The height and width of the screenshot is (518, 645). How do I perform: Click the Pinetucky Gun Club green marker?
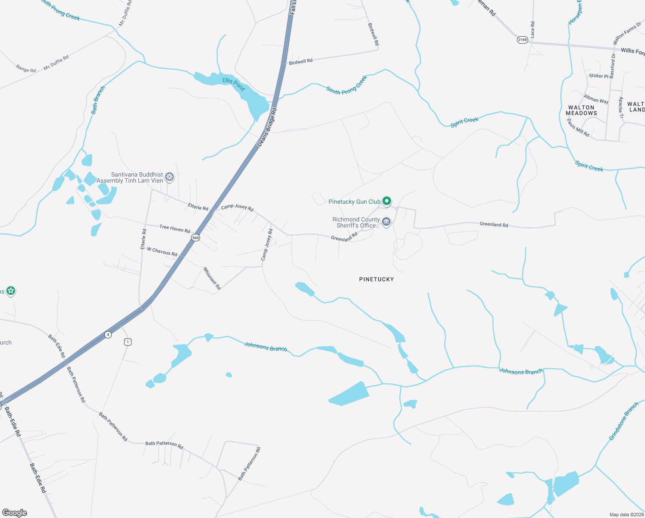pyautogui.click(x=387, y=201)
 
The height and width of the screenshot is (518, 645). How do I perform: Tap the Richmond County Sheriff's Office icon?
pyautogui.click(x=386, y=222)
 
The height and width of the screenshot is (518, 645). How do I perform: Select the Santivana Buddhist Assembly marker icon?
pyautogui.click(x=170, y=177)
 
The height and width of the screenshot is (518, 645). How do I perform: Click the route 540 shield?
pyautogui.click(x=196, y=238)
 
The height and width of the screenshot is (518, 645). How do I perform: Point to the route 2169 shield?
pyautogui.click(x=522, y=40)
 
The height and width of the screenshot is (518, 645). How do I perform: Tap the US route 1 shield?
pyautogui.click(x=128, y=342)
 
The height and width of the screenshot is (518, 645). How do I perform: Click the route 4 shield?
pyautogui.click(x=108, y=335)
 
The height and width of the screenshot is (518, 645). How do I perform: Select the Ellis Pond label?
pyautogui.click(x=234, y=84)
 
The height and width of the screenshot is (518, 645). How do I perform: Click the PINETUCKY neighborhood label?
pyautogui.click(x=376, y=279)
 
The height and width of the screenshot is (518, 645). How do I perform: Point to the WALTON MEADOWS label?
pyautogui.click(x=581, y=111)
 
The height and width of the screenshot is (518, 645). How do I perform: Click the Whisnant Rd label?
pyautogui.click(x=212, y=278)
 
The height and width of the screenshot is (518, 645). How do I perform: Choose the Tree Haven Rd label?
pyautogui.click(x=175, y=229)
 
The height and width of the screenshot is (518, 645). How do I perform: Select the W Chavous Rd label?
pyautogui.click(x=162, y=252)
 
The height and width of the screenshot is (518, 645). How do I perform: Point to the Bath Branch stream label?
pyautogui.click(x=98, y=100)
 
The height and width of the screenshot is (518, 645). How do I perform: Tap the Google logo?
pyautogui.click(x=15, y=513)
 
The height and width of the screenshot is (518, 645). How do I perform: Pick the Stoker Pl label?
pyautogui.click(x=598, y=76)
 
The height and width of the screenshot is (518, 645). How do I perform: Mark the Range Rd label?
pyautogui.click(x=26, y=69)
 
